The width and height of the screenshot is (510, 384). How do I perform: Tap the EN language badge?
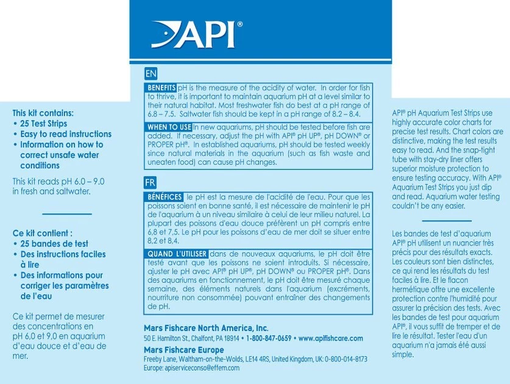(151, 74)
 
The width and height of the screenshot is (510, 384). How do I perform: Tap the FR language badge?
(151, 182)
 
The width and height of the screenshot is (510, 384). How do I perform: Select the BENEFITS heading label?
(161, 88)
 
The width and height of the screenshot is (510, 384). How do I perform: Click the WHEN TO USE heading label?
(169, 127)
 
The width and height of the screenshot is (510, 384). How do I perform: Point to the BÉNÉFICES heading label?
(164, 197)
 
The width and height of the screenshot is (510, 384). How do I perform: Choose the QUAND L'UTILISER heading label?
(177, 254)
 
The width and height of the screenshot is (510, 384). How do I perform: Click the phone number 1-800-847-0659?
(269, 338)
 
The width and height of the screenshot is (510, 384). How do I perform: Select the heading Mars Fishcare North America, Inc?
(206, 328)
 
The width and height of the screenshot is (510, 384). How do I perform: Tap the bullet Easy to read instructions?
(66, 134)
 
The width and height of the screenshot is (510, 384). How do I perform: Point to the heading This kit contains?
(43, 113)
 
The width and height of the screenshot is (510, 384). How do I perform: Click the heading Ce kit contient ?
(43, 233)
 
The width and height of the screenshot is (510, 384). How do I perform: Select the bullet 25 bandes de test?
(54, 244)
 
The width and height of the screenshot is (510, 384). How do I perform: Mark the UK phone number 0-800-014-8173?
(346, 360)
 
